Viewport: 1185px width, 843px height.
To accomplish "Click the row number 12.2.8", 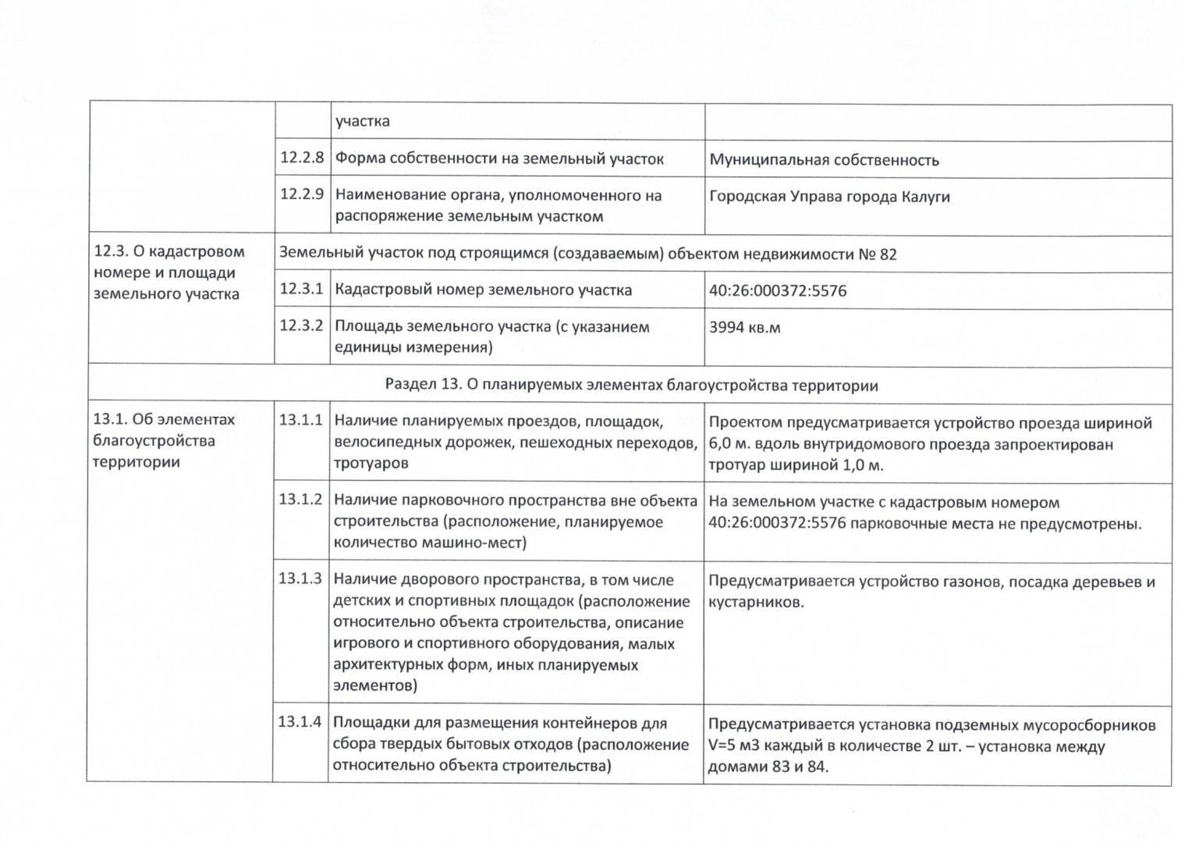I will [302, 158].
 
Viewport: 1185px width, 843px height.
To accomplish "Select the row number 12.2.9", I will [302, 194].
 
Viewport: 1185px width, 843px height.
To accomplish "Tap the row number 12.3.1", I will [301, 289].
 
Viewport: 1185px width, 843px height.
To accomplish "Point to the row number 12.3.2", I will [301, 325].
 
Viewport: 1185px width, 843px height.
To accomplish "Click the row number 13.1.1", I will [300, 420].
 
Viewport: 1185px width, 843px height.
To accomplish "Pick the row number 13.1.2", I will [300, 500].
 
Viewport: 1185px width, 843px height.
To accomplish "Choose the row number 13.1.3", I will [300, 579].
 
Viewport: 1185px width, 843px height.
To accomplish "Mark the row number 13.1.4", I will [300, 722].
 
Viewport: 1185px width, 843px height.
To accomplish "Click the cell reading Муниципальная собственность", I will [824, 161].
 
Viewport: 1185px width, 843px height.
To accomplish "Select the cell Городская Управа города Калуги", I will [829, 197].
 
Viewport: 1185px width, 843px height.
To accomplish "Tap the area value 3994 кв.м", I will [744, 328].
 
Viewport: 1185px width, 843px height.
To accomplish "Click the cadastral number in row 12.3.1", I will [777, 291].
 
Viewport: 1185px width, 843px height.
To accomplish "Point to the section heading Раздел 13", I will [631, 386].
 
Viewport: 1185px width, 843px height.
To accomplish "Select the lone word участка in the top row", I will [363, 122].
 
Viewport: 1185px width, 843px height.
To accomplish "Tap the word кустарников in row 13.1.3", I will [755, 603].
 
